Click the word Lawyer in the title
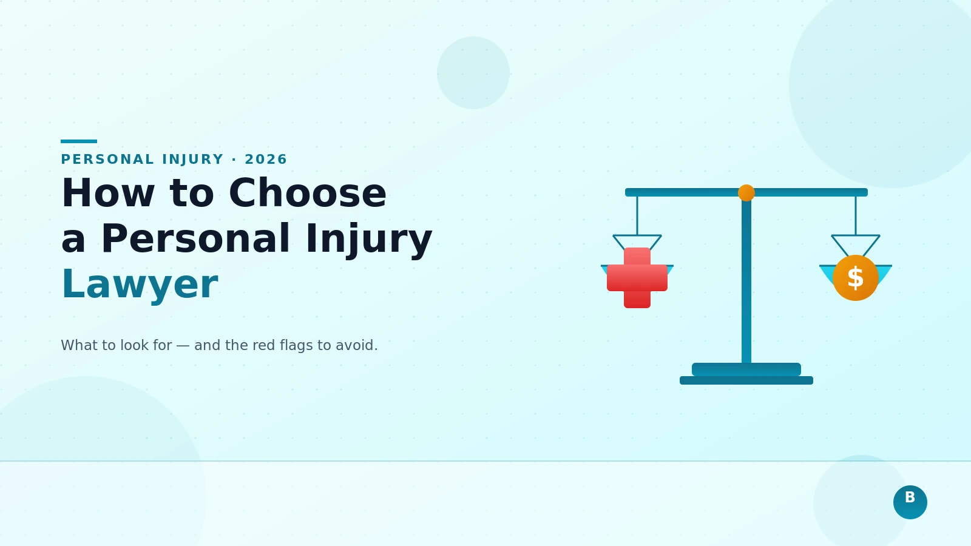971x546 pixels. click(x=140, y=285)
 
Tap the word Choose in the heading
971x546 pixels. click(x=307, y=194)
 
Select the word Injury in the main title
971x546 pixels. click(x=368, y=239)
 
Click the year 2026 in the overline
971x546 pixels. click(x=266, y=160)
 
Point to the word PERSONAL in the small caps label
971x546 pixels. click(x=107, y=160)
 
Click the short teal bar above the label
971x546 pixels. click(x=79, y=141)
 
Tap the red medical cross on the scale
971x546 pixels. click(x=637, y=278)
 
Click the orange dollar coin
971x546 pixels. click(x=856, y=278)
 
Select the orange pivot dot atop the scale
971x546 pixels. click(x=746, y=193)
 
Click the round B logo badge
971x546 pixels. click(x=910, y=502)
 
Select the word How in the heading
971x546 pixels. click(x=108, y=194)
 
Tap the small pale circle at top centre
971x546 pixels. click(x=473, y=73)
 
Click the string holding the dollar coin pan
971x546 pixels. click(x=856, y=215)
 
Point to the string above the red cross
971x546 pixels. click(x=637, y=215)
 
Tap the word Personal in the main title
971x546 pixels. click(x=195, y=239)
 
